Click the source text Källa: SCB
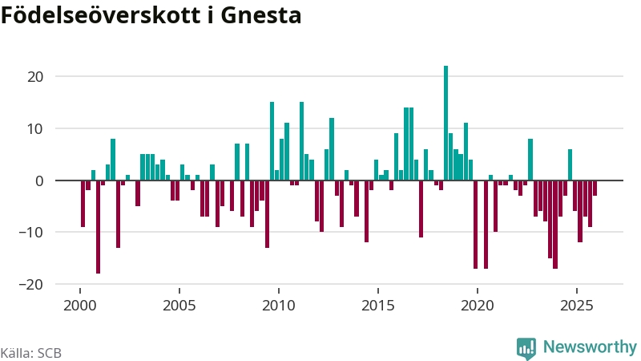(x=31, y=353)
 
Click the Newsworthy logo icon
(x=526, y=347)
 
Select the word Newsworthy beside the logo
(x=590, y=347)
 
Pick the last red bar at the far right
(x=595, y=189)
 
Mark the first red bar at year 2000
(x=83, y=204)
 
